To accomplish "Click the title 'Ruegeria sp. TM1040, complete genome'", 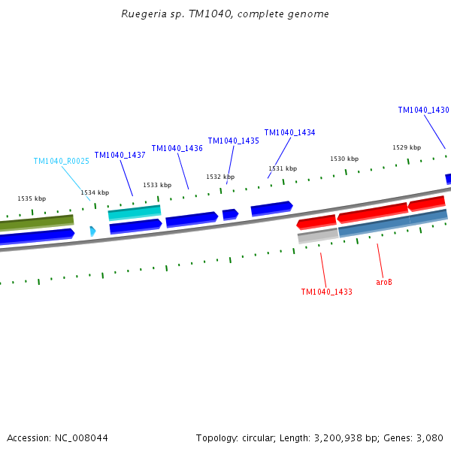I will (x=225, y=14).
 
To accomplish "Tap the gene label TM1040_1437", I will (x=120, y=155).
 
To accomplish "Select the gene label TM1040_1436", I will (x=177, y=148).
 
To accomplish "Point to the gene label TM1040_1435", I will (x=233, y=141).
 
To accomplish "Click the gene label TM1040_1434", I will (x=289, y=132).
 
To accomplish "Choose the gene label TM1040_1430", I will (x=423, y=110).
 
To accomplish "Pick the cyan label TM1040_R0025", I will (x=62, y=161).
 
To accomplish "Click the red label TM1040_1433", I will (x=326, y=292).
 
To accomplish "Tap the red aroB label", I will (x=384, y=282).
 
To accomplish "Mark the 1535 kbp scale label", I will (x=32, y=198).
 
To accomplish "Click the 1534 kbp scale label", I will (x=95, y=192).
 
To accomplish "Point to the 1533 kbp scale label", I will (x=157, y=185).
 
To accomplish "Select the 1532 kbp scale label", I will (x=220, y=177).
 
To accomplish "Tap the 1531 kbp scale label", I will (x=283, y=168).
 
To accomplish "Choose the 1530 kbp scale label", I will (x=344, y=159).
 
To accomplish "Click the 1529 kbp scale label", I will (x=407, y=147).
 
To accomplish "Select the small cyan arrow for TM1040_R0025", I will (x=92, y=232).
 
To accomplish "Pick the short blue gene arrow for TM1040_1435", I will (x=230, y=214).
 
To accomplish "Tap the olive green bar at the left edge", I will (x=37, y=222).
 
